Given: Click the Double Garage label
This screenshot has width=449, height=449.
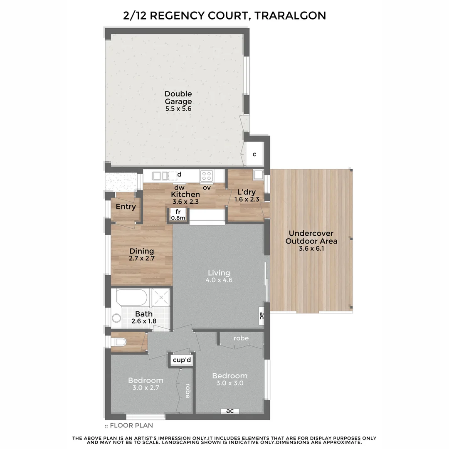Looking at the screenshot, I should [178, 98].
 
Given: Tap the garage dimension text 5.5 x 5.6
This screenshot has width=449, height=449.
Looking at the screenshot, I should [178, 109].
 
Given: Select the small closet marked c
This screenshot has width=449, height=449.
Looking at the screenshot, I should [254, 154].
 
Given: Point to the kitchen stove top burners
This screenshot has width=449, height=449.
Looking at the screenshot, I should [207, 175].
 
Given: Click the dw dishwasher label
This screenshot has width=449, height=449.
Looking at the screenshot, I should [179, 187].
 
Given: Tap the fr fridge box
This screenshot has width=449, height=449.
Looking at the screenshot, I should [178, 214].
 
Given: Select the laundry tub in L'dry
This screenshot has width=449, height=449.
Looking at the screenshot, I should [258, 175].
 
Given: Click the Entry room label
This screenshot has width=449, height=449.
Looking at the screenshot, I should [126, 207].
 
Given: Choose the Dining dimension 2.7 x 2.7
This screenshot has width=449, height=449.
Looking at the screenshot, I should [142, 258].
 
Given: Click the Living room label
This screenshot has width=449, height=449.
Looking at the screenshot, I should [219, 273].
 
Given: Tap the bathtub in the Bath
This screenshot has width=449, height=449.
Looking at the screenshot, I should [131, 298].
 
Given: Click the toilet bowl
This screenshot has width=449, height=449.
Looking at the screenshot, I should [120, 342].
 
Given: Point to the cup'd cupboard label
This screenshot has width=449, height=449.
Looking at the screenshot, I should [182, 360].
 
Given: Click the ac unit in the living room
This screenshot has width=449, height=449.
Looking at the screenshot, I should [262, 317].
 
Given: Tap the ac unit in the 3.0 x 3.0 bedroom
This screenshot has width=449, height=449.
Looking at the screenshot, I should [229, 411].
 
